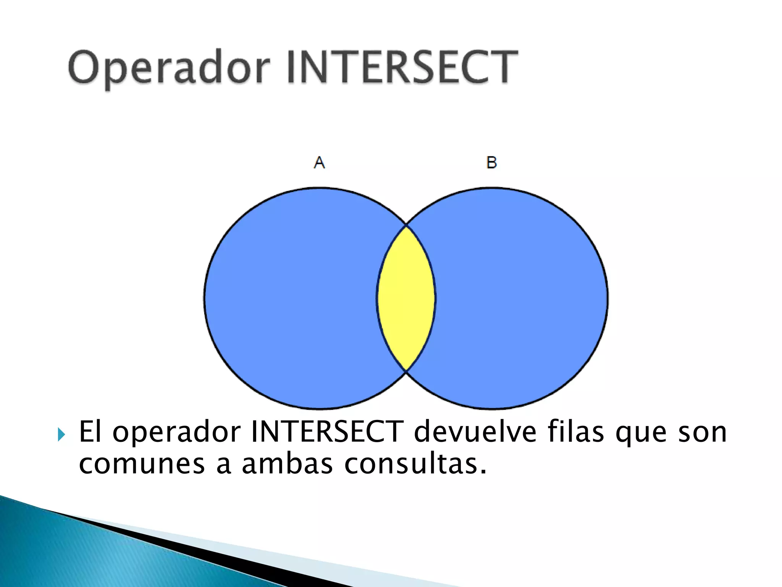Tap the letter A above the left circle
[x=319, y=162]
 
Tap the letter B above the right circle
[x=491, y=162]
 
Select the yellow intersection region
[x=406, y=298]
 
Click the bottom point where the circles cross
[x=406, y=370]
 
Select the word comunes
[x=142, y=465]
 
